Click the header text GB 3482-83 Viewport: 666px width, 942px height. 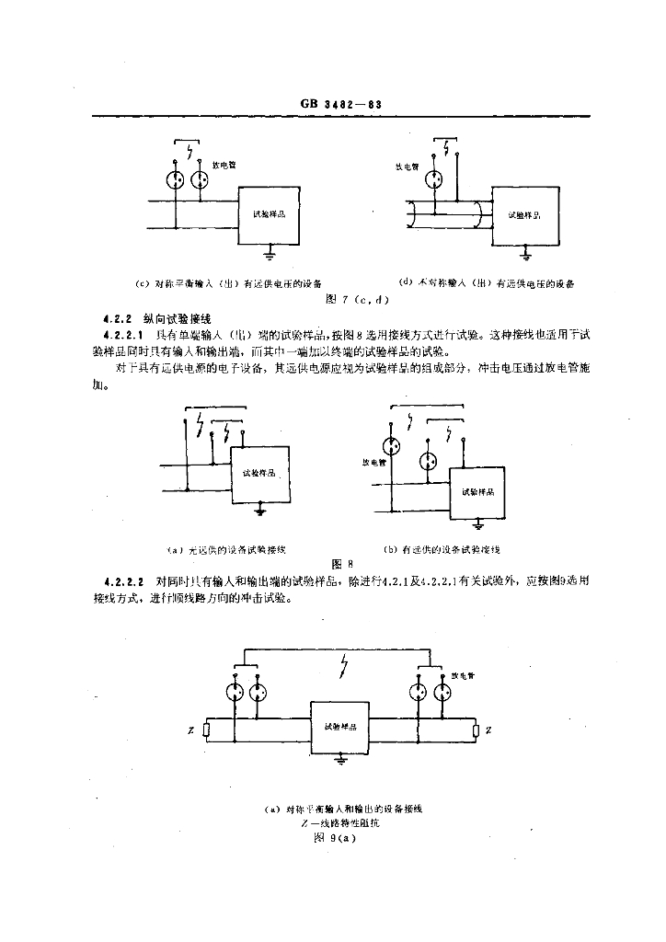pos(340,104)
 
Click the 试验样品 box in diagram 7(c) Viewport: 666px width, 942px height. pos(269,214)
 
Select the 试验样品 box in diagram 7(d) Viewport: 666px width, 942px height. pos(523,214)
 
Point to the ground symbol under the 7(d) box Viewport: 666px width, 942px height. pos(524,250)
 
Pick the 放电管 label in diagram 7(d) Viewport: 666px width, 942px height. pos(407,167)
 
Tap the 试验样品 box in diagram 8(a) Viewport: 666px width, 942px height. pos(259,474)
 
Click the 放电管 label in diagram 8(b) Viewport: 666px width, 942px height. pos(372,462)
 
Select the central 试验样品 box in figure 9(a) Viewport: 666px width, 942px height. pos(340,727)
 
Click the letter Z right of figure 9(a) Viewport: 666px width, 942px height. pos(488,730)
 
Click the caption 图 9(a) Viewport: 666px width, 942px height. pos(335,838)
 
